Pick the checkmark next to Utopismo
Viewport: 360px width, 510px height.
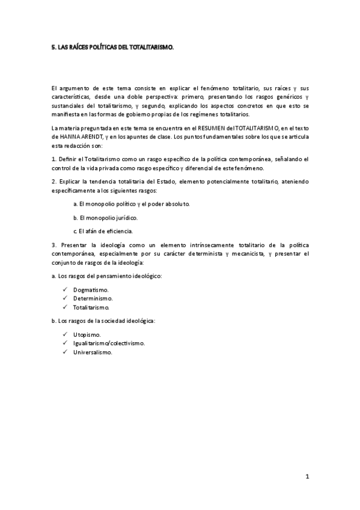(64, 335)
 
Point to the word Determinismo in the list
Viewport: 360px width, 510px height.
(93, 298)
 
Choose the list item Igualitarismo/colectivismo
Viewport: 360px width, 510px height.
(109, 343)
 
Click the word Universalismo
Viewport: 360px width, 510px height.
(93, 352)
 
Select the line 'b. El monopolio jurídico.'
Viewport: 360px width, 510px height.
(105, 217)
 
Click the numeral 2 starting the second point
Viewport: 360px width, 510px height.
(53, 181)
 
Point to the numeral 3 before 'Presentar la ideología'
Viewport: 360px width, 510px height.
(53, 245)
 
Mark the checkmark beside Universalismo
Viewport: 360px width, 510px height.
(64, 352)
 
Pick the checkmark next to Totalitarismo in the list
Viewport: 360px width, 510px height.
(64, 307)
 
